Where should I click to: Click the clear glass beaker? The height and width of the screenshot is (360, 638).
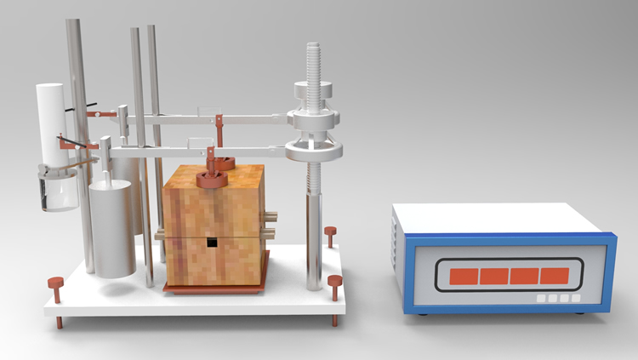[58, 189]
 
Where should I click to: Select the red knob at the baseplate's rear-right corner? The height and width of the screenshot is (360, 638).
[330, 231]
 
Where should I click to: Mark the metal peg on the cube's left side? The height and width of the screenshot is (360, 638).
[159, 231]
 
